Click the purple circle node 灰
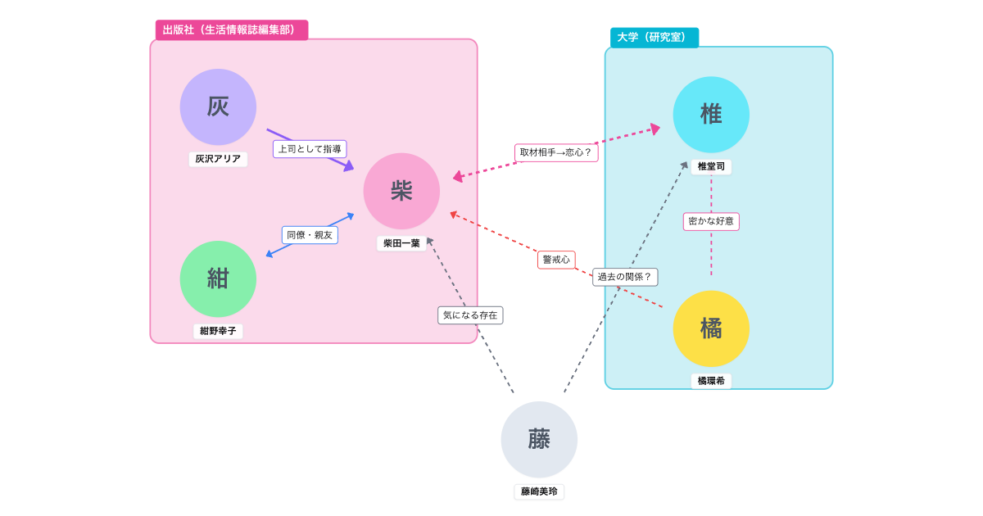click(218, 107)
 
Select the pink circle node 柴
click(401, 191)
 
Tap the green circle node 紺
click(218, 278)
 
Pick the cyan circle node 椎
click(711, 115)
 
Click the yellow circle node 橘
click(711, 328)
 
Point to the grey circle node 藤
click(539, 440)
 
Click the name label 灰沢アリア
click(218, 159)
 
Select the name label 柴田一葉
click(401, 243)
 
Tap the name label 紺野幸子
click(218, 331)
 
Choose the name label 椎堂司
click(711, 166)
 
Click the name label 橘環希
click(711, 381)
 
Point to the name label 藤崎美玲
click(539, 491)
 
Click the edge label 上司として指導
click(310, 149)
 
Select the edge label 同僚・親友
click(310, 235)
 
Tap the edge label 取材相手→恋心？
click(556, 152)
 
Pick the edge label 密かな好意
click(711, 221)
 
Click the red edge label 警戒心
click(556, 260)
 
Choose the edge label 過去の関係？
click(625, 277)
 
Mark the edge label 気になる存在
click(470, 315)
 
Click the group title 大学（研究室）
click(654, 38)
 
